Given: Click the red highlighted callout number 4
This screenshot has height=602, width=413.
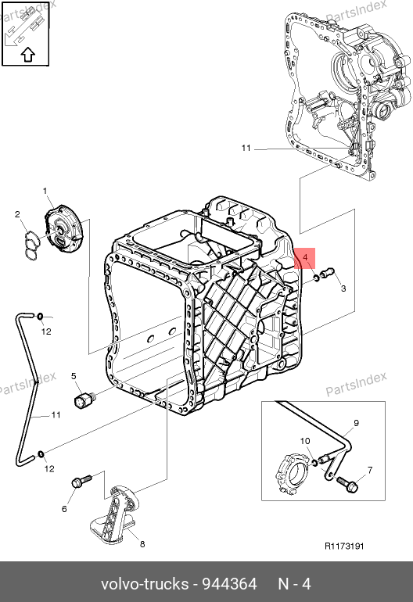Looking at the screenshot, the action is click(305, 257).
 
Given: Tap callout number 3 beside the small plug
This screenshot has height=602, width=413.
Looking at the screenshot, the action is click(343, 288).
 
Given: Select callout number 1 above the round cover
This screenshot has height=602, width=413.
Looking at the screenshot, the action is click(45, 191).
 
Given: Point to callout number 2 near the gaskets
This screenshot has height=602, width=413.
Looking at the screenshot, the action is click(17, 214).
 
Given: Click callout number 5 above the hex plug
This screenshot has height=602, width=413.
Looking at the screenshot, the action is click(74, 376).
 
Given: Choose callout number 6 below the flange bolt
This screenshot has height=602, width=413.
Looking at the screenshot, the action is click(64, 509).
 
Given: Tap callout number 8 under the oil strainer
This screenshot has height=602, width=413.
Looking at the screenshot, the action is click(142, 544).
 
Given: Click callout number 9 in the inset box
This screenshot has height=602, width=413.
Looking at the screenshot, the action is click(356, 423).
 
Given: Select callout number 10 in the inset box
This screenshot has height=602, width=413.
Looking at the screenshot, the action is click(305, 441).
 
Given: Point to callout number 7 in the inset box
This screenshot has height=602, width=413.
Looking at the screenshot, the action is click(370, 471).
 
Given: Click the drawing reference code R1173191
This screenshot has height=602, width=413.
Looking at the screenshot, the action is click(344, 546).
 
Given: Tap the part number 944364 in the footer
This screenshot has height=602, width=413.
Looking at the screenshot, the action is click(229, 584).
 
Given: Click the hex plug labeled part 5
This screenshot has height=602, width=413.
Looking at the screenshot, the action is click(85, 399).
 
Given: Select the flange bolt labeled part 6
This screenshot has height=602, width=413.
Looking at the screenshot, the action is click(81, 481).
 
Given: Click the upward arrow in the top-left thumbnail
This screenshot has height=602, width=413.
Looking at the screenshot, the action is click(27, 55).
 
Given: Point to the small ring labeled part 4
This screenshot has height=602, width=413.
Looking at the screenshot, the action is click(316, 277).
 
